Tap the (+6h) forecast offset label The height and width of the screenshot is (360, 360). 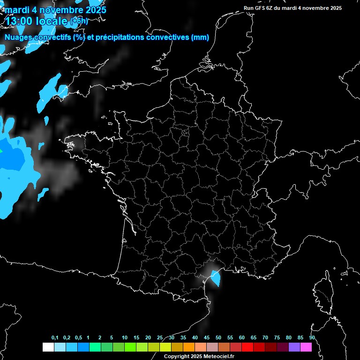(79, 21)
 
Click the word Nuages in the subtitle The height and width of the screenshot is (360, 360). (18, 37)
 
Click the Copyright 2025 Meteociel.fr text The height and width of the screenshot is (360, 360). (199, 356)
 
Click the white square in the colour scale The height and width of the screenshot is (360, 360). (48, 347)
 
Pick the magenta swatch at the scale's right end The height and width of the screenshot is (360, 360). (306, 347)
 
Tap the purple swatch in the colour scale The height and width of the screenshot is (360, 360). (294, 347)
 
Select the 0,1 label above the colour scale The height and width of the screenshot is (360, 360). (55, 337)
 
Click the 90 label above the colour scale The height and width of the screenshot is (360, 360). (312, 337)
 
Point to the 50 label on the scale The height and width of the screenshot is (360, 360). (218, 337)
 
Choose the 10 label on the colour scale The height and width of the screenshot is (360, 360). (125, 337)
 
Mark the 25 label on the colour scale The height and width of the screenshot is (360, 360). (160, 337)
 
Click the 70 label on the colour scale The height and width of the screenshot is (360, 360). (265, 337)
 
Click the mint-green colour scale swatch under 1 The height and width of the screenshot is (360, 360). (95, 347)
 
